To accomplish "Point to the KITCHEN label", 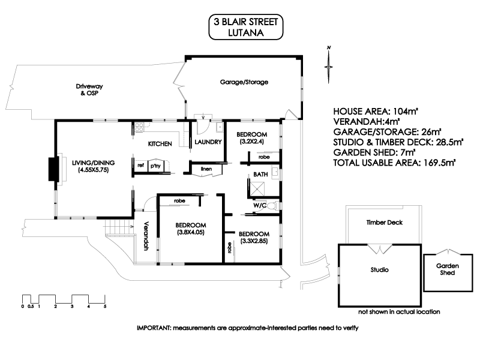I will [160, 143].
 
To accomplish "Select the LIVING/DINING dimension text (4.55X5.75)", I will [93, 170].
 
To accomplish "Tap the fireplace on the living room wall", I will [55, 169].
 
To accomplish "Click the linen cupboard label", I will [206, 169].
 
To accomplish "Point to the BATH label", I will [260, 174].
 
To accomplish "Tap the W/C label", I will [260, 205].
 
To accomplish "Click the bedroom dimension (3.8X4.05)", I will [191, 232].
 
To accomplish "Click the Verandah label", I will [145, 237].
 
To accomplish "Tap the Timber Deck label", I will [384, 223].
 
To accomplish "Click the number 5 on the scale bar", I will [105, 307].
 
